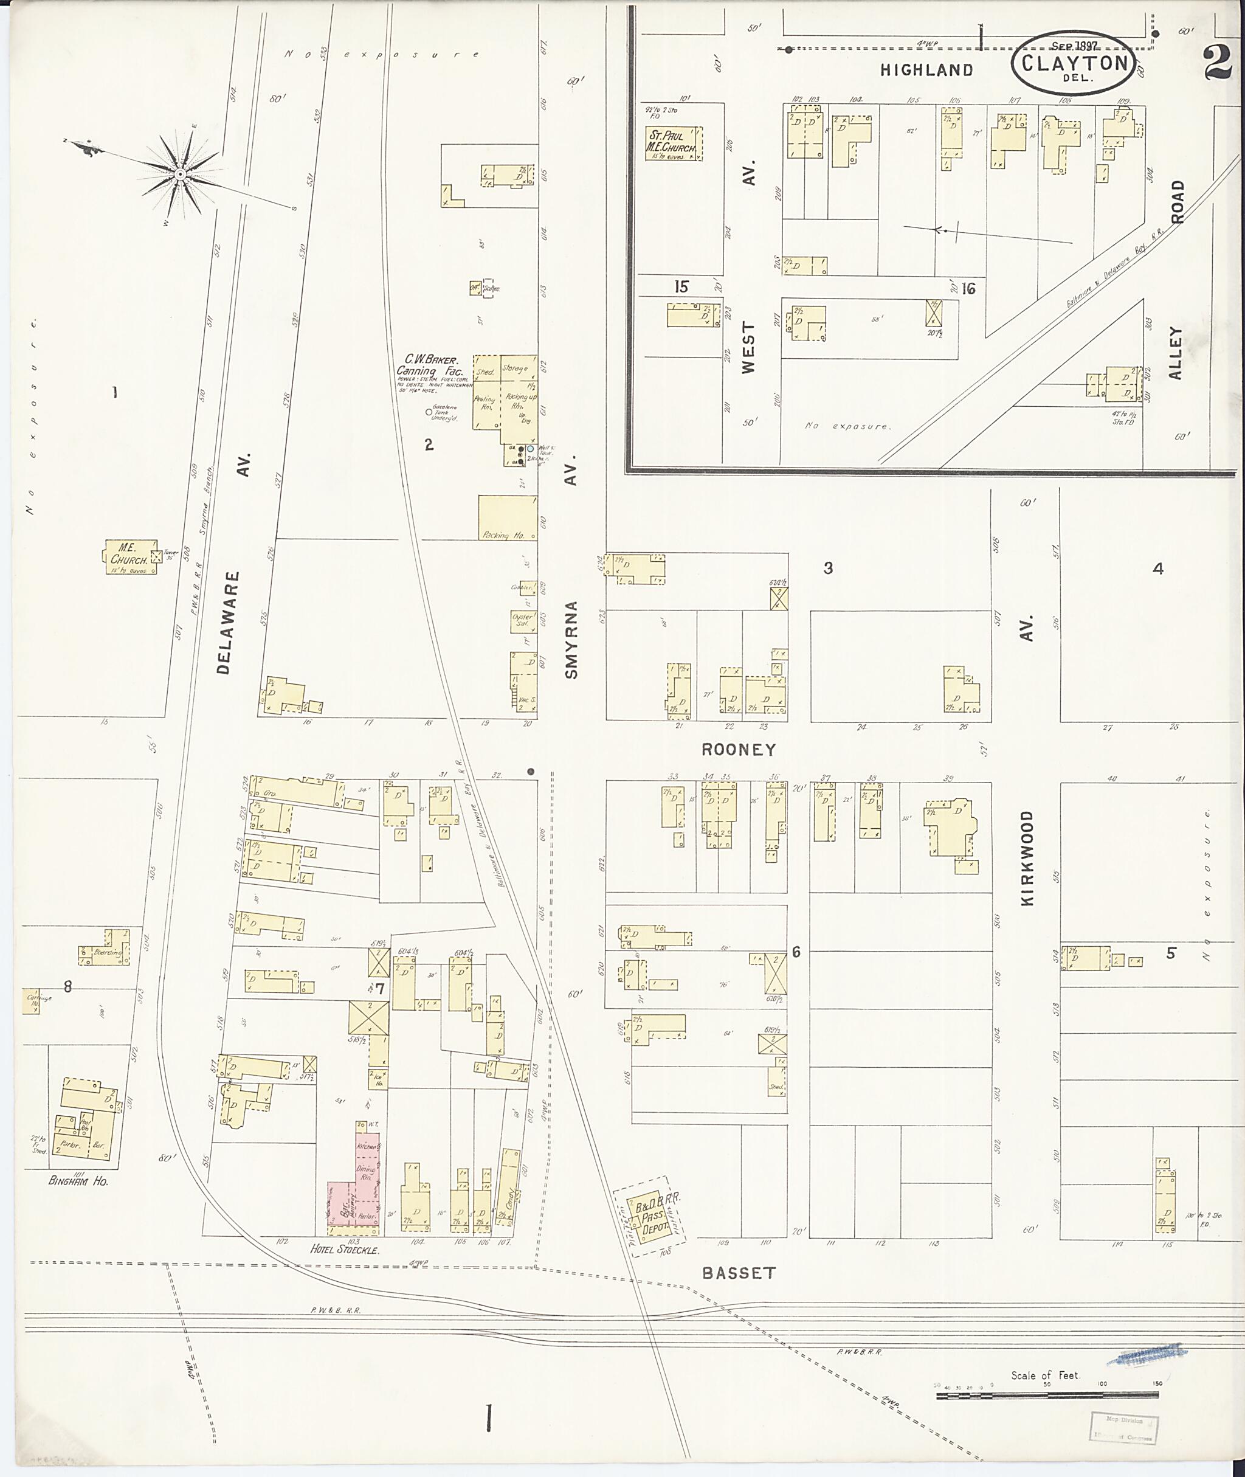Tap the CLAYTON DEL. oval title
pyautogui.click(x=1074, y=63)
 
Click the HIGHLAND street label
pyautogui.click(x=926, y=69)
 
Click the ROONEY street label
pyautogui.click(x=738, y=750)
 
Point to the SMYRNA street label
pyautogui.click(x=571, y=640)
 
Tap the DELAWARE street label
pyautogui.click(x=224, y=623)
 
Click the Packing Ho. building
pyautogui.click(x=507, y=518)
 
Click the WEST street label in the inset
pyautogui.click(x=748, y=347)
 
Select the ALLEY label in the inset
pyautogui.click(x=1175, y=353)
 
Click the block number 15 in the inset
pyautogui.click(x=680, y=286)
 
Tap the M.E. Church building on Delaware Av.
pyautogui.click(x=128, y=556)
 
